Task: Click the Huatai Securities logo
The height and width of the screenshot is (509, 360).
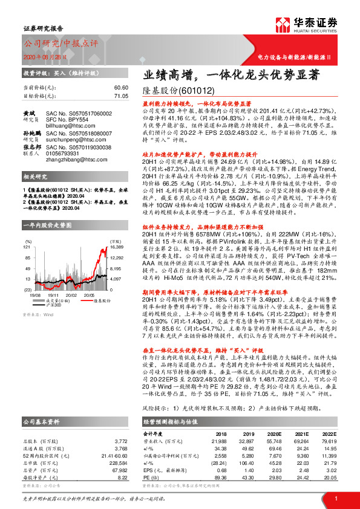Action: pos(315,24)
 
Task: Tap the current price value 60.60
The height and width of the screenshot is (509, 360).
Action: pos(121,88)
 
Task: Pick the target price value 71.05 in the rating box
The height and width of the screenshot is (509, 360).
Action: pos(121,96)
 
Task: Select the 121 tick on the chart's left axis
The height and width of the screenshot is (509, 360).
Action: pos(27,230)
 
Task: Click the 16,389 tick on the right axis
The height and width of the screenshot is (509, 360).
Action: pos(117,230)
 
